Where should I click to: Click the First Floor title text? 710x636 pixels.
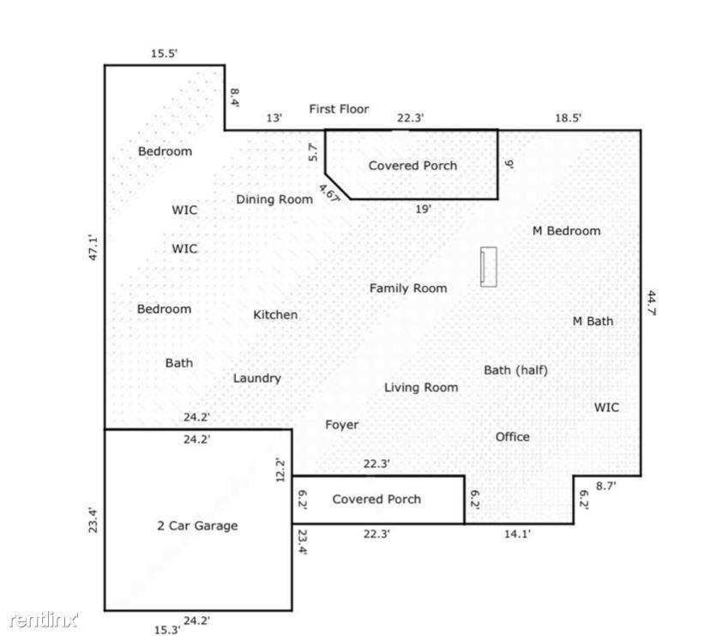click(x=339, y=109)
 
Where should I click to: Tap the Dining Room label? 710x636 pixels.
click(x=274, y=199)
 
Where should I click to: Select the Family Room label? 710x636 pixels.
click(x=408, y=288)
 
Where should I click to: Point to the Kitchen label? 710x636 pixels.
click(x=275, y=315)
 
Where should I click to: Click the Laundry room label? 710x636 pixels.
click(x=257, y=379)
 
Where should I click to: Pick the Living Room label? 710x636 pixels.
click(x=420, y=388)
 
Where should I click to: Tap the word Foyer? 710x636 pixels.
click(x=341, y=425)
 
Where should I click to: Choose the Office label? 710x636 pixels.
click(x=512, y=437)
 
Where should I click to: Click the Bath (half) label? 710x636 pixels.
click(x=515, y=371)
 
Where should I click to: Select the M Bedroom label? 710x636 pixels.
click(x=566, y=231)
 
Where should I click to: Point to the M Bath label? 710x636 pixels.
click(x=593, y=321)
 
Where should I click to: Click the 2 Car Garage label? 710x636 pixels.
click(x=196, y=526)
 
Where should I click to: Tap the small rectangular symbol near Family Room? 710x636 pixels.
click(x=488, y=266)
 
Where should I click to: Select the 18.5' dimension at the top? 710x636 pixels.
click(x=568, y=119)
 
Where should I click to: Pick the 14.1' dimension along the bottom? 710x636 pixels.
click(x=516, y=534)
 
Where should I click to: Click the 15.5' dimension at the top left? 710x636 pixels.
click(x=164, y=53)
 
